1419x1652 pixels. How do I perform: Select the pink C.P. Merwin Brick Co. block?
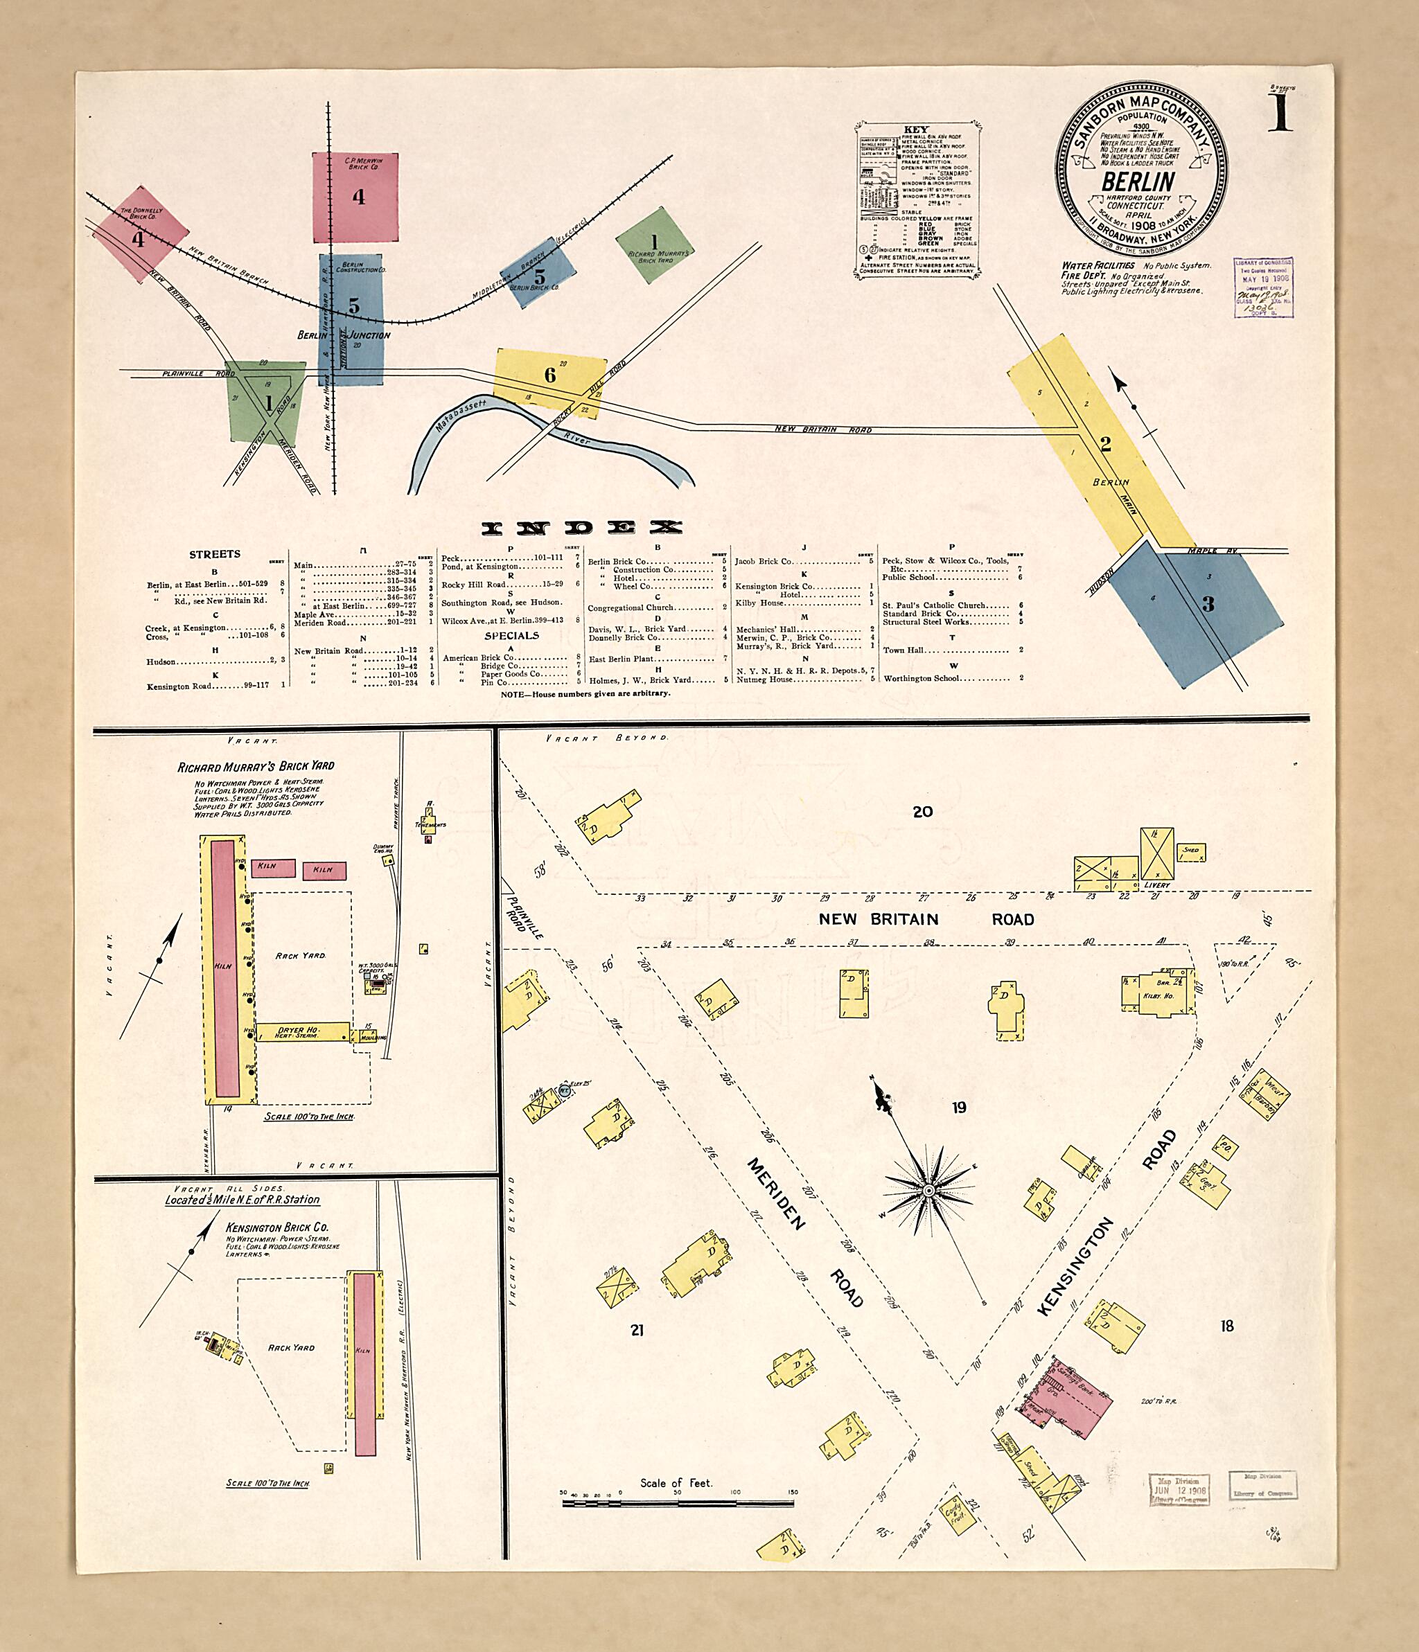(x=355, y=196)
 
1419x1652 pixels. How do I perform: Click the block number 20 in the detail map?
(x=922, y=812)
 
